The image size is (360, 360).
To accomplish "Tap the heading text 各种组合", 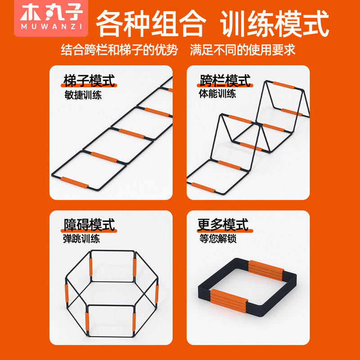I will pyautogui.click(x=151, y=23).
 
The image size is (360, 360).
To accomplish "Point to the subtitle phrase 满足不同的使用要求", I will pyautogui.click(x=243, y=50).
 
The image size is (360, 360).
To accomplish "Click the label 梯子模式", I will pyautogui.click(x=90, y=81).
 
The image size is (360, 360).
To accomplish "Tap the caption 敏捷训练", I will pyautogui.click(x=82, y=95).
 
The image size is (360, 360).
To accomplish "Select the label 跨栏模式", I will pyautogui.click(x=225, y=81).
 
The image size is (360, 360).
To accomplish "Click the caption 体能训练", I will pyautogui.click(x=217, y=94).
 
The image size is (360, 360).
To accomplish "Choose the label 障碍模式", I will pyautogui.click(x=90, y=225).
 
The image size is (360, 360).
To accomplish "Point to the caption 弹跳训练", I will pyautogui.click(x=82, y=238).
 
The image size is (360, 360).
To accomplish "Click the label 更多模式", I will pyautogui.click(x=223, y=225).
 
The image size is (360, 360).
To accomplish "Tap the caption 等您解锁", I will pyautogui.click(x=217, y=238).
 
